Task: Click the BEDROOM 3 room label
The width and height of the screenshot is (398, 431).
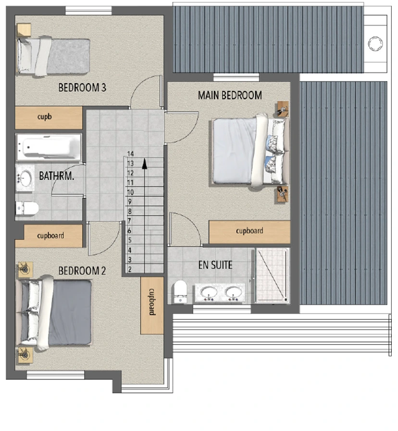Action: tap(82, 87)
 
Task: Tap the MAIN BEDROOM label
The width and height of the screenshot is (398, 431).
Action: tap(230, 96)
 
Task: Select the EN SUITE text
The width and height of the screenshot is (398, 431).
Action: tap(215, 265)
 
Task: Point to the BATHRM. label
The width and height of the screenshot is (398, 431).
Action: tap(56, 176)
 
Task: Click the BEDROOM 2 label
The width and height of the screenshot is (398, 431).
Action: tap(82, 271)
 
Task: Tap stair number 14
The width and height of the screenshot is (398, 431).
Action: tap(130, 154)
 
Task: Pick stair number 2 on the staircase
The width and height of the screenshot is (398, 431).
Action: tap(130, 270)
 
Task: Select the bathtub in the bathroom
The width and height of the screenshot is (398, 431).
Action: tap(49, 147)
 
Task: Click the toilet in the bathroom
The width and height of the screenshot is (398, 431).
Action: tap(27, 208)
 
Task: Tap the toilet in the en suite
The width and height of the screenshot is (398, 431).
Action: tap(180, 292)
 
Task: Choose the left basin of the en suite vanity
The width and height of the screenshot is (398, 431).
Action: tap(209, 293)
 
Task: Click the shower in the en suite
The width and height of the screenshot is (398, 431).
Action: tap(272, 275)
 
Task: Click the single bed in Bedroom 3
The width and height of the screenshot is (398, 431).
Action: tap(53, 56)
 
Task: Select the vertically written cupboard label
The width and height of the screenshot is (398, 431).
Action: tap(152, 302)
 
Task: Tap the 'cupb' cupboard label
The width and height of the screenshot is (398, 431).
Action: tap(44, 117)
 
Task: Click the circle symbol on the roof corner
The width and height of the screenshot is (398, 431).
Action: tap(375, 43)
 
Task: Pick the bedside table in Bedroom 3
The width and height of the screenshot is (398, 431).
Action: tap(24, 30)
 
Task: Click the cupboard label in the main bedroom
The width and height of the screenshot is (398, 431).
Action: tap(249, 231)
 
